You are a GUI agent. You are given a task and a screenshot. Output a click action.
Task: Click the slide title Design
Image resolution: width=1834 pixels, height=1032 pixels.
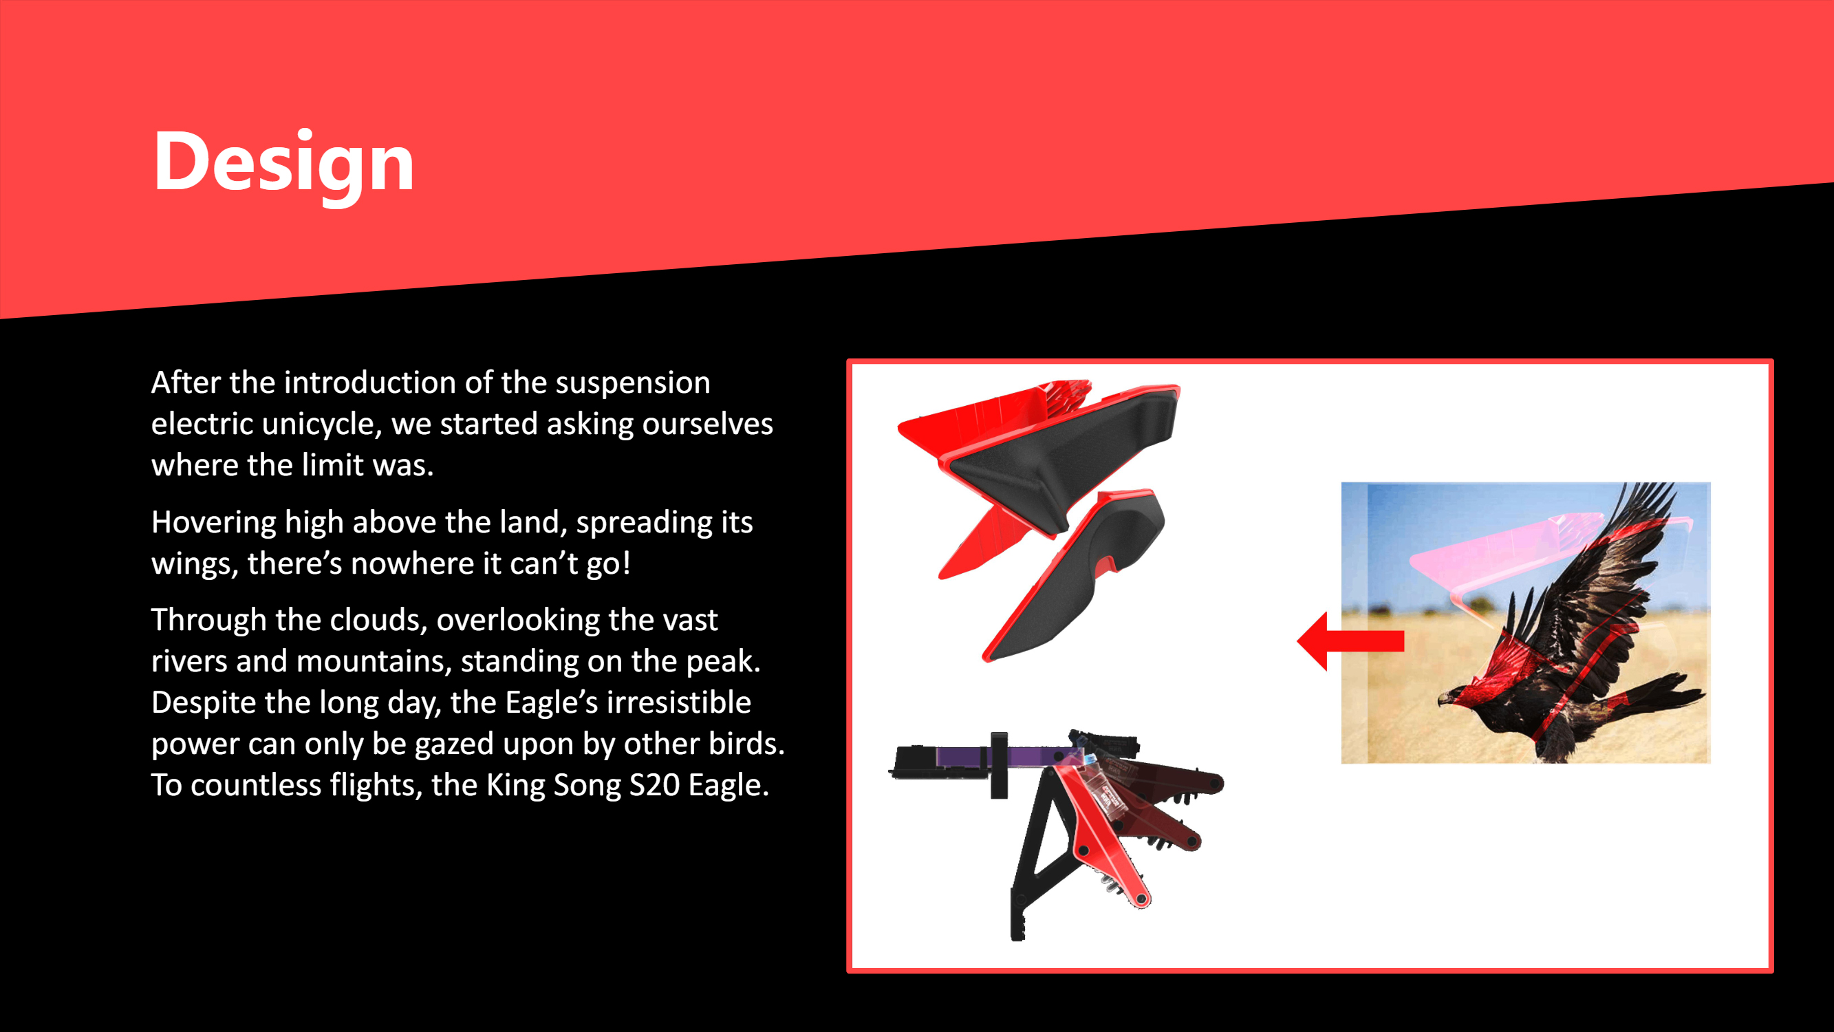tap(283, 162)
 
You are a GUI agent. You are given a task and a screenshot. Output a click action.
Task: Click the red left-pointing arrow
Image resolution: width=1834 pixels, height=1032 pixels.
tap(1350, 641)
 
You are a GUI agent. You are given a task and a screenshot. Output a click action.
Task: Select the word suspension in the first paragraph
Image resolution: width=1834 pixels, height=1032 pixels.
tap(633, 383)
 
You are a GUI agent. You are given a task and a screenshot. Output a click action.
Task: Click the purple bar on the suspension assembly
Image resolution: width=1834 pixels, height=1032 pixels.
tap(1001, 755)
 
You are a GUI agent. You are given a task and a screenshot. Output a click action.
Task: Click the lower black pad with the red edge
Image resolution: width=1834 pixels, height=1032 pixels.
tap(1075, 577)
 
